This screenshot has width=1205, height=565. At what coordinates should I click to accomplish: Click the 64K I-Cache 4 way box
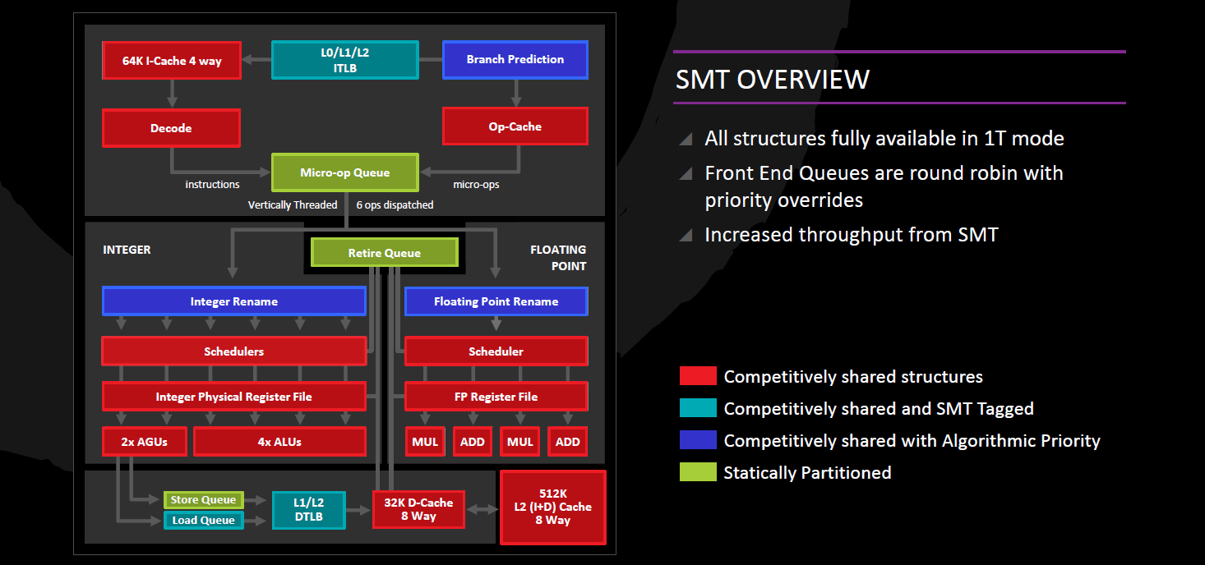(172, 61)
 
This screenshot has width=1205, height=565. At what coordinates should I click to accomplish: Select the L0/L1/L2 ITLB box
(344, 60)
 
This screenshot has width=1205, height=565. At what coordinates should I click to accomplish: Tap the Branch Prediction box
(515, 60)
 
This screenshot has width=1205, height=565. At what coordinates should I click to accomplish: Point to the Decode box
(171, 128)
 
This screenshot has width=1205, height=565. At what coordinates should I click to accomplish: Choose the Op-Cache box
(515, 127)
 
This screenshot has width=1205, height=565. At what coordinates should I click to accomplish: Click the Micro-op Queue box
(345, 173)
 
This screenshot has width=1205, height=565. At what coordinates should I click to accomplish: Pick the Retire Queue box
(384, 253)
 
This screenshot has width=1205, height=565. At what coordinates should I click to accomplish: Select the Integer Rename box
(233, 301)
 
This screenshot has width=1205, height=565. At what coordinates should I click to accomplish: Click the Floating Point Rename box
(496, 301)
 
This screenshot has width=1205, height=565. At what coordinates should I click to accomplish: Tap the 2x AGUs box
(145, 442)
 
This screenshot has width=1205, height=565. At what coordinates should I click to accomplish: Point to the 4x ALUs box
(279, 442)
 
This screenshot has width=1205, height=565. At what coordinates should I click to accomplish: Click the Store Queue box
(203, 500)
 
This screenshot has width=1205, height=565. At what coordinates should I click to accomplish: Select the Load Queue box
(203, 520)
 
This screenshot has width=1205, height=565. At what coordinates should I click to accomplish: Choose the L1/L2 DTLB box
(309, 510)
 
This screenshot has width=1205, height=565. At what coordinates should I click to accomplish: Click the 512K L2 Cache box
(552, 507)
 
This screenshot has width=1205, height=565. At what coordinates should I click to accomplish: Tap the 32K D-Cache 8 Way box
(418, 510)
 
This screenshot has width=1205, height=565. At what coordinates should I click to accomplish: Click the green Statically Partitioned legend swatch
(698, 472)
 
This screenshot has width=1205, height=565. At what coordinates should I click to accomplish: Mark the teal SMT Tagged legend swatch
(698, 408)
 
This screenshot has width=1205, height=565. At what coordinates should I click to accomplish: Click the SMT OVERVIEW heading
(773, 80)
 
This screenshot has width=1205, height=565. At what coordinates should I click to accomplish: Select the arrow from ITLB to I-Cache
(256, 59)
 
